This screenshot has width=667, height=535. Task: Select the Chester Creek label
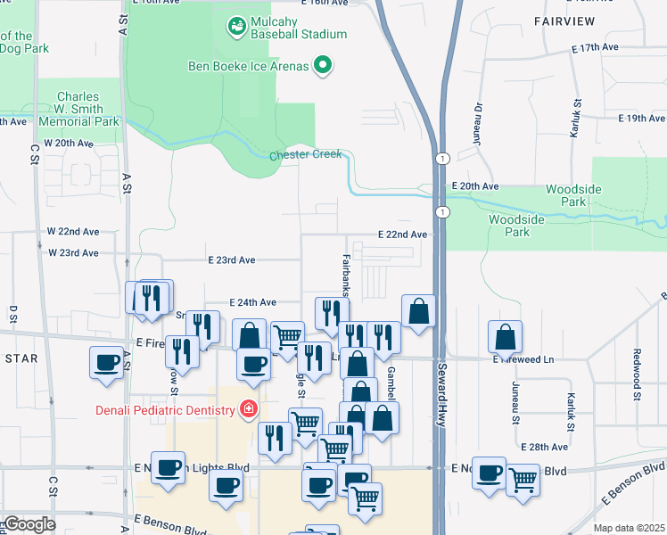point(306,155)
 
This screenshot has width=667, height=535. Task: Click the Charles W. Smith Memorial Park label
point(88,109)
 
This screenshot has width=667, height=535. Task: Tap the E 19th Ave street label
point(642,118)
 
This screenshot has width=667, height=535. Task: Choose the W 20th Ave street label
point(69,143)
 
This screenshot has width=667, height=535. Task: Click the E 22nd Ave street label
point(403,234)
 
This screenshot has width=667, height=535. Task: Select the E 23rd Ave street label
point(231,260)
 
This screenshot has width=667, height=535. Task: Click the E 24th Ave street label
point(252,302)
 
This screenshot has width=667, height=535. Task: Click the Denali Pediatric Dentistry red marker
point(249,410)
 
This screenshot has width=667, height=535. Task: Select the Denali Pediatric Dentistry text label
point(167,410)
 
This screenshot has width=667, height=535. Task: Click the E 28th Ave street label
point(545,446)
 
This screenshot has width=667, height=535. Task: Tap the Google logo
point(29,524)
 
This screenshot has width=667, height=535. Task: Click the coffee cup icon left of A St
point(107,363)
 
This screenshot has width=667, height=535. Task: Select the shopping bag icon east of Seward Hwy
point(506,337)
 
